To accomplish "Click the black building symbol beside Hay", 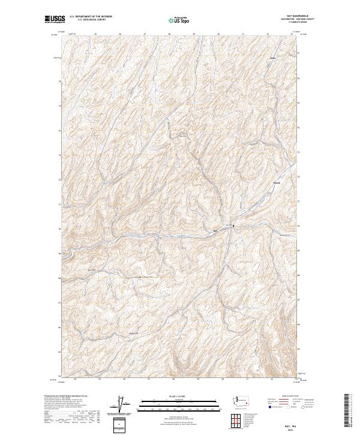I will tap(233, 226).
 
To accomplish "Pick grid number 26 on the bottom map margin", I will tap(124, 379).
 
